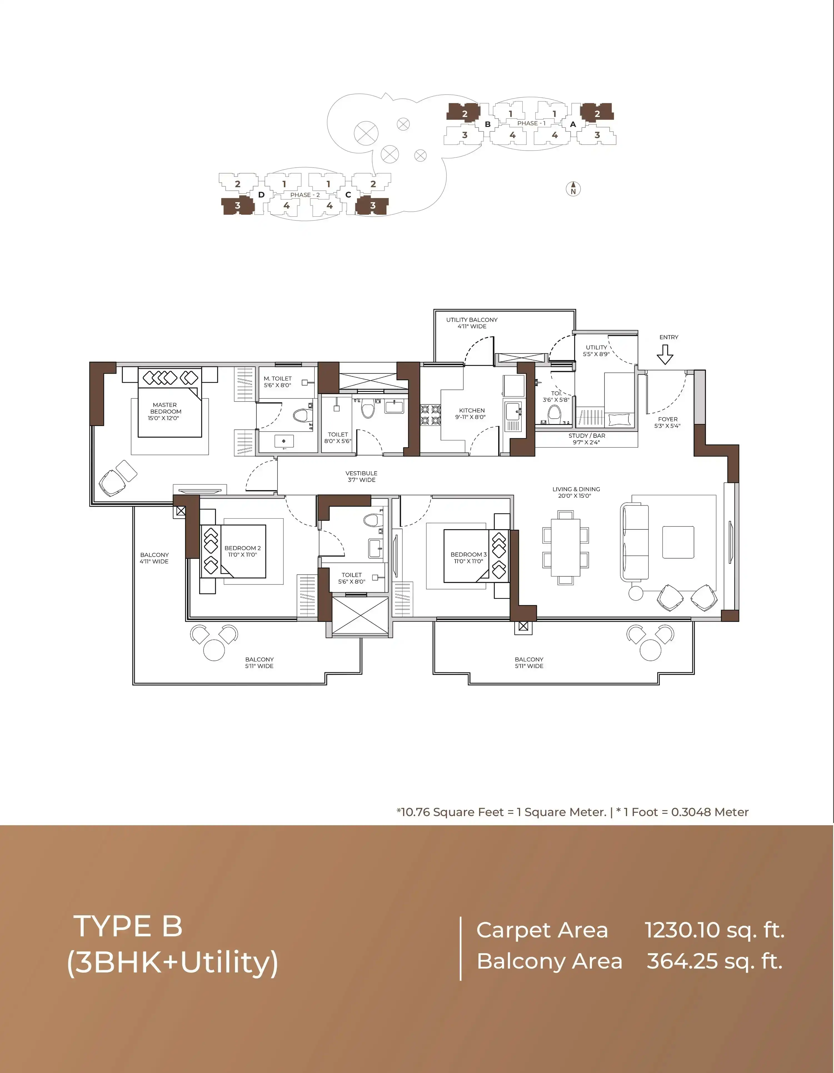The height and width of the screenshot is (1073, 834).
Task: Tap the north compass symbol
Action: coord(573,189)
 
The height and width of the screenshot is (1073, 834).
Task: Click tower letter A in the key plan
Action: coord(573,125)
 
